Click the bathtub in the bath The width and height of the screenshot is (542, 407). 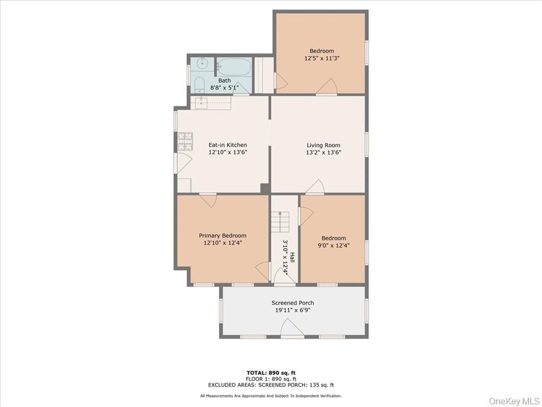tap(233, 67)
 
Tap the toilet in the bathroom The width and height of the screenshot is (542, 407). tap(200, 85)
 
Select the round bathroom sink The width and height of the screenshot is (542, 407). tap(202, 64)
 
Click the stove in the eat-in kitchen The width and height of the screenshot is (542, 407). tap(185, 141)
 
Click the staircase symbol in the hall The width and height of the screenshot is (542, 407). tap(280, 221)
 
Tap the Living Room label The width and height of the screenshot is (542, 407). tap(323, 145)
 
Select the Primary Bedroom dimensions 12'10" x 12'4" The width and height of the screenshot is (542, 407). tap(222, 243)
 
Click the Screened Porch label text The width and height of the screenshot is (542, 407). tap(293, 303)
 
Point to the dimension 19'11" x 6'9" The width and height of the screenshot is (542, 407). tap(293, 311)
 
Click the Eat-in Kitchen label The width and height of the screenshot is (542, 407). tap(228, 145)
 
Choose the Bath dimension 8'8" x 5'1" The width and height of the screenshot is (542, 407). tap(224, 87)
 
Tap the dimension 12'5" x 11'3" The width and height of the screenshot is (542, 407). tap(322, 58)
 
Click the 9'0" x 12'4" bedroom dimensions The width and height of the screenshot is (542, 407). tap(333, 245)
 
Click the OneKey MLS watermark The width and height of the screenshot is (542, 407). tap(513, 401)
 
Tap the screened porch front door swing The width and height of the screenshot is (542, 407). tap(292, 329)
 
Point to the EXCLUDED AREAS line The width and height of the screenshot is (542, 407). tap(271, 385)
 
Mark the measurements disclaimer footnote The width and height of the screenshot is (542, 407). tap(271, 396)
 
